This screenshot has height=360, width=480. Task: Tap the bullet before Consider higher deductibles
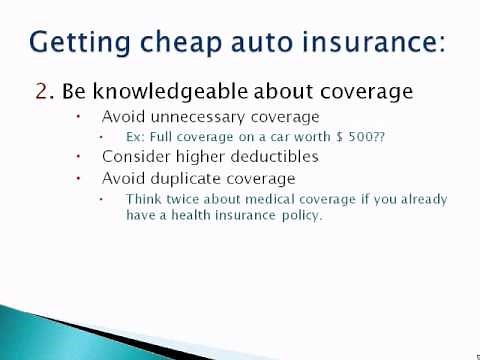[80, 157]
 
